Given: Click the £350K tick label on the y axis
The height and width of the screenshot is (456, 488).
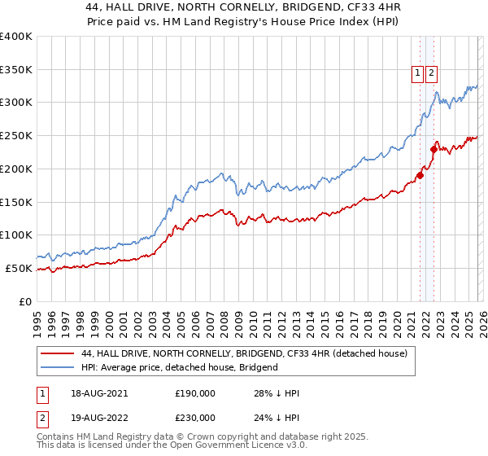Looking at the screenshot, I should coord(16,69).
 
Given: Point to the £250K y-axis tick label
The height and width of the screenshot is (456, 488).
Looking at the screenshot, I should coord(16,136).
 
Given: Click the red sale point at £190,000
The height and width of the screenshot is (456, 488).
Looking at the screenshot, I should coord(420,175).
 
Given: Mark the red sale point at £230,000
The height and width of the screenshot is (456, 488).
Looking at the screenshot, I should coord(434,148).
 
